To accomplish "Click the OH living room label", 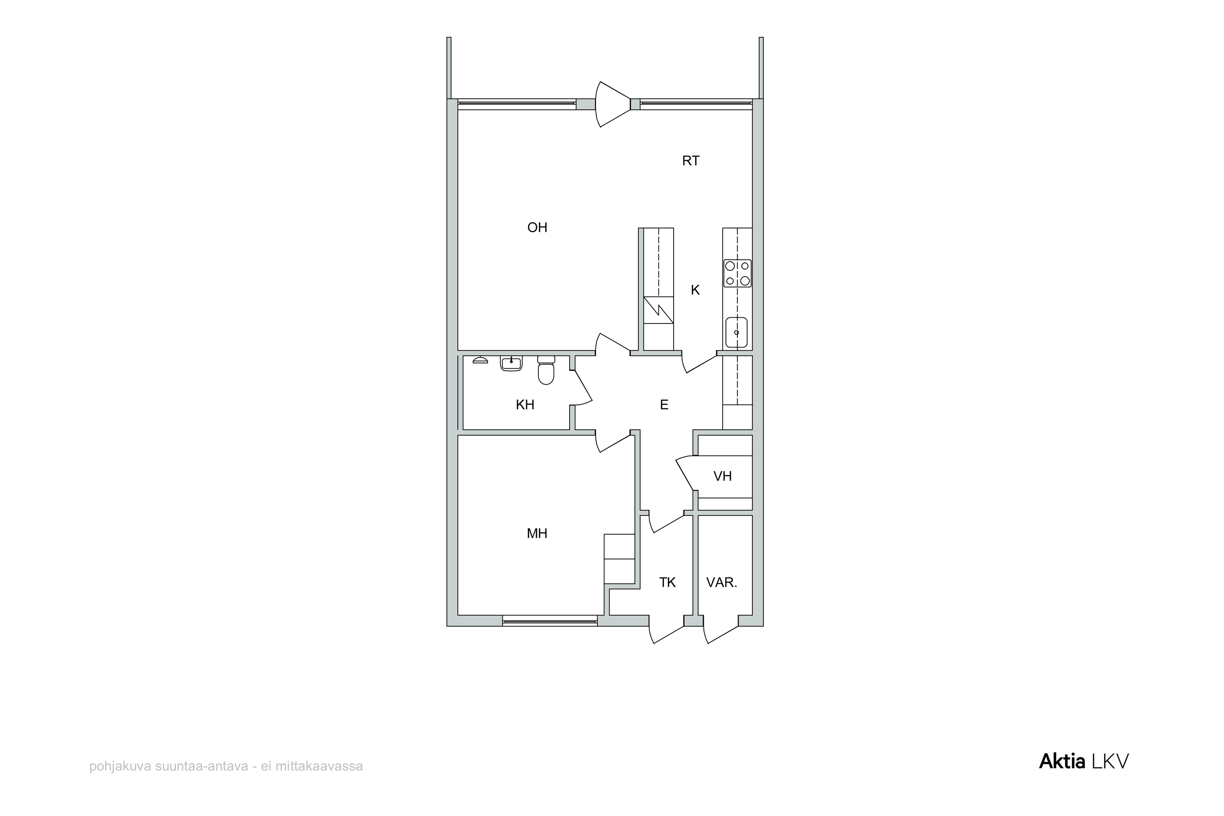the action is coord(537,228).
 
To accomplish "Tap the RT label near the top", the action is coord(691,161).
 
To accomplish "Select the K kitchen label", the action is coord(695,290).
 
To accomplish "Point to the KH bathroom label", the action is coord(525,405).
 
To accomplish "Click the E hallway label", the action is coord(664,405).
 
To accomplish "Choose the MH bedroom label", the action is coord(537,533).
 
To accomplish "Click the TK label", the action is coord(667,582).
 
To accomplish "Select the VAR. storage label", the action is coord(722,582).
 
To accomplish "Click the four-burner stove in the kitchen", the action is coord(737,273).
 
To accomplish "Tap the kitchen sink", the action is coord(736,332).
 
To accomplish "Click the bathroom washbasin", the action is coord(511,363).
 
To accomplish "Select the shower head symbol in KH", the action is coord(480,360).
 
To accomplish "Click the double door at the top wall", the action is coord(613,104).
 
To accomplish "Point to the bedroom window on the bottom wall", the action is coord(550,621).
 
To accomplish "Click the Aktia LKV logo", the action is coord(1084,761).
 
